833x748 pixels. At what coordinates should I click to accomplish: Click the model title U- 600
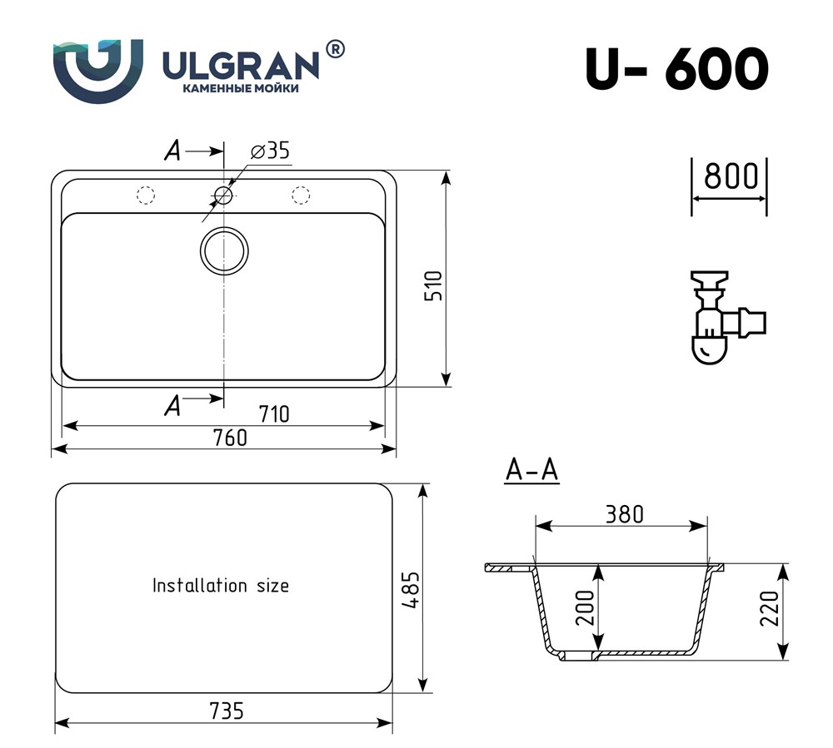coord(676,69)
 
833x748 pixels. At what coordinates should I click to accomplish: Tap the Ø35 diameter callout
coord(271,151)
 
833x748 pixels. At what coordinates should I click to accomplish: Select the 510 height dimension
coord(433,286)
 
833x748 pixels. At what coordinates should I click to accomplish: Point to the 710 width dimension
coord(274,414)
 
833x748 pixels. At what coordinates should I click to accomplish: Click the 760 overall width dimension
coord(230,438)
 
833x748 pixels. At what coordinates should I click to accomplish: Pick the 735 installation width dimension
coord(227,711)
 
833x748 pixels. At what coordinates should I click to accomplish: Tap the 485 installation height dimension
coord(411,589)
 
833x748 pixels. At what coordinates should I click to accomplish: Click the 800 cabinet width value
coord(731,176)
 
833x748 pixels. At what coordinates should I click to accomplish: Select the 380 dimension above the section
coord(624,514)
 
